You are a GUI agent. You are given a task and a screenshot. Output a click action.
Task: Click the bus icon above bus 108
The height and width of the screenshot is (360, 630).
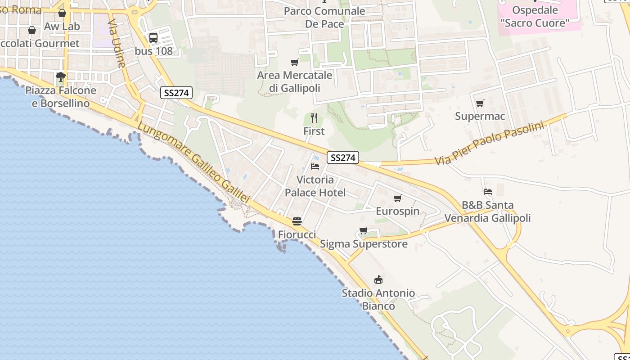pyautogui.click(x=153, y=38)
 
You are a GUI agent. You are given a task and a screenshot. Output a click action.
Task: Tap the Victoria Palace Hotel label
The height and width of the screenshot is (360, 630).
pyautogui.click(x=315, y=186)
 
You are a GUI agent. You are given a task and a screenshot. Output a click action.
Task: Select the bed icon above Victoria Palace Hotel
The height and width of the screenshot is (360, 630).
pyautogui.click(x=315, y=166)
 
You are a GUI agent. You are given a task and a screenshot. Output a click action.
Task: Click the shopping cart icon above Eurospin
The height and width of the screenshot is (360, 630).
pyautogui.click(x=397, y=198)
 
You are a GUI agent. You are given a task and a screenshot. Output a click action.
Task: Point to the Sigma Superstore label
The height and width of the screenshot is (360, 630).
pyautogui.click(x=364, y=244)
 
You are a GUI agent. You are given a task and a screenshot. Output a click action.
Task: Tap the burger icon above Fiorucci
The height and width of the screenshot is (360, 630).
pyautogui.click(x=297, y=221)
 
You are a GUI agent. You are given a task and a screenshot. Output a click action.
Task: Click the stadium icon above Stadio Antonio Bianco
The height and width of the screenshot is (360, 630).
pyautogui.click(x=378, y=280)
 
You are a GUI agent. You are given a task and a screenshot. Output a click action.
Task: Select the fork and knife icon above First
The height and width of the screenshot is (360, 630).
pyautogui.click(x=314, y=118)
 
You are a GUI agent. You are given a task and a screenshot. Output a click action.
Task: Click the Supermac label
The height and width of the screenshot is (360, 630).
pyautogui.click(x=480, y=116)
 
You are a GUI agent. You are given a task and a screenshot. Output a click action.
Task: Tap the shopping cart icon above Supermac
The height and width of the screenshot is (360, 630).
pyautogui.click(x=480, y=103)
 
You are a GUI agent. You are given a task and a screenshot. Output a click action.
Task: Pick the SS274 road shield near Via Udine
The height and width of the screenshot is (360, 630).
pyautogui.click(x=176, y=93)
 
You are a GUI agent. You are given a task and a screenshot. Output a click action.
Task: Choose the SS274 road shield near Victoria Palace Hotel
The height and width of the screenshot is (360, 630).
pyautogui.click(x=343, y=157)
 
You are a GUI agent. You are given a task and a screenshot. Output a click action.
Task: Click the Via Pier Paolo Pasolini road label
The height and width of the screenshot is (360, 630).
pyautogui.click(x=489, y=143)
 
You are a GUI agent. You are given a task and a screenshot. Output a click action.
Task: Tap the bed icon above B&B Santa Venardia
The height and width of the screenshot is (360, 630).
pyautogui.click(x=487, y=192)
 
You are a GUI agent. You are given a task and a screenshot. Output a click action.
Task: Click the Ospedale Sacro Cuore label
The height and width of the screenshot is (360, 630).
pyautogui.click(x=535, y=16)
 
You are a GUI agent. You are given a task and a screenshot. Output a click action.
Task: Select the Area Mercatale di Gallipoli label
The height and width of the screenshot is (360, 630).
pyautogui.click(x=295, y=81)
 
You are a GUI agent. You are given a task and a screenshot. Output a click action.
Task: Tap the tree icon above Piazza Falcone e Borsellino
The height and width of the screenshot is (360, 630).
pyautogui.click(x=61, y=77)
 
